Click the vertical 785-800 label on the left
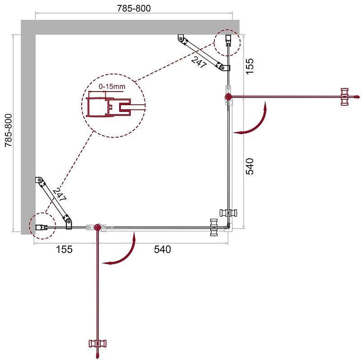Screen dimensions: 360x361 (9, 131)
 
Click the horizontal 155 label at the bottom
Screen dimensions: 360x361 (64, 249)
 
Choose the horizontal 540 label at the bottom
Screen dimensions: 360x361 (162, 249)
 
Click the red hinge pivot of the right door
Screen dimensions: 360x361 (228, 97)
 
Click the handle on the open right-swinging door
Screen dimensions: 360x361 (345, 97)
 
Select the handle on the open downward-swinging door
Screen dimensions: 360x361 (97, 344)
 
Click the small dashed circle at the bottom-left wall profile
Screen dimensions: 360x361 (42, 226)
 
